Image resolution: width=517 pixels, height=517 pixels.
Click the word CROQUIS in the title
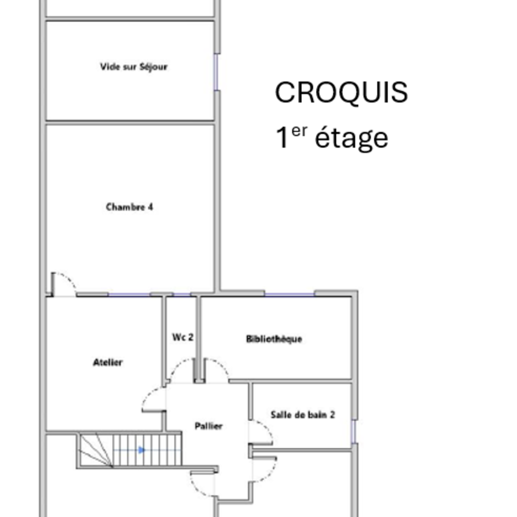(x=341, y=93)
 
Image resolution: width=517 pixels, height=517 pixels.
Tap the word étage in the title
(x=352, y=138)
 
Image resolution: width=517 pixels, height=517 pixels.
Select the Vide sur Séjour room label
(x=134, y=67)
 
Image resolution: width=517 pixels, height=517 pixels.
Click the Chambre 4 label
(x=129, y=207)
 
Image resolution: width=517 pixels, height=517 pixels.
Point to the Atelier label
(x=108, y=362)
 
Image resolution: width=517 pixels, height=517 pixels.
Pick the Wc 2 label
(x=183, y=337)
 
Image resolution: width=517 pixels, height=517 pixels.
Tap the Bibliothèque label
(x=274, y=339)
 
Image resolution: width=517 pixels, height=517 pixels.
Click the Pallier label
(x=209, y=426)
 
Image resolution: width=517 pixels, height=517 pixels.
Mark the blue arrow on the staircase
(x=141, y=450)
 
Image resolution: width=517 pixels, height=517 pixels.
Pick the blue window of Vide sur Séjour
(x=217, y=72)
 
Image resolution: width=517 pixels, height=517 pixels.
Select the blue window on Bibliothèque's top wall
(x=290, y=294)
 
